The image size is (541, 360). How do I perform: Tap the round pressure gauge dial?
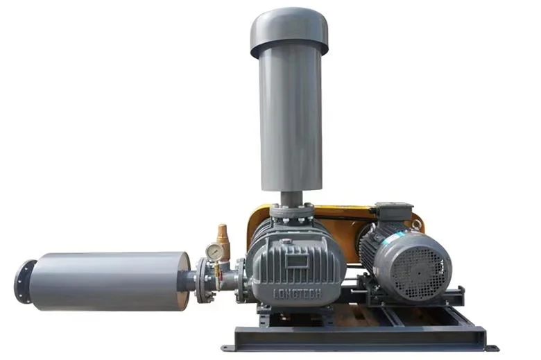click(x=214, y=252)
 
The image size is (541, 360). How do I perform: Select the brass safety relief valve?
click(x=222, y=234)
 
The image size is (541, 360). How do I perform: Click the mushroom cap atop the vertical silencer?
click(x=289, y=31)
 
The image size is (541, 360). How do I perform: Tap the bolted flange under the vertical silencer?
click(x=291, y=208)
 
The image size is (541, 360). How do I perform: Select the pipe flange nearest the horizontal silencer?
click(x=204, y=280)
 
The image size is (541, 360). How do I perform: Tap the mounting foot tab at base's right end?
click(x=491, y=347)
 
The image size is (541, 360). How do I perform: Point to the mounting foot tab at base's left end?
click(x=226, y=348)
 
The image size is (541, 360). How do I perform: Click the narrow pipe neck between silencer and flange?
click(x=187, y=281)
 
